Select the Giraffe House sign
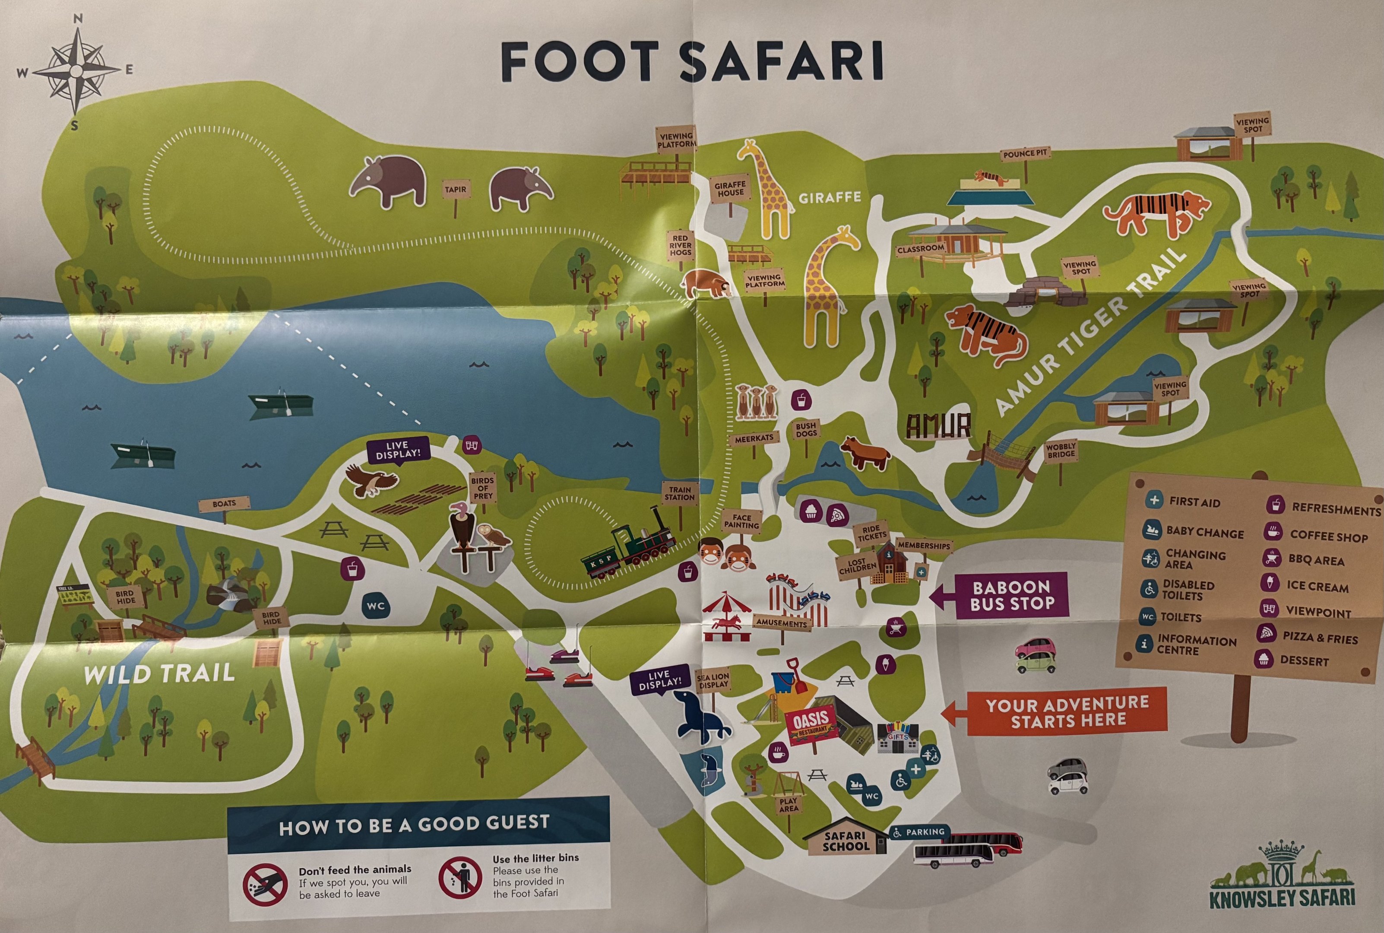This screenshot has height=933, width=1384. coord(730,190)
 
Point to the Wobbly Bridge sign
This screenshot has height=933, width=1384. coord(1061,451)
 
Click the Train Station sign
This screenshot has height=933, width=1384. coord(679,493)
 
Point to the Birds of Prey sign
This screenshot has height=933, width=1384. coord(482,488)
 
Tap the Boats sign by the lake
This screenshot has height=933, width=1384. coord(224,503)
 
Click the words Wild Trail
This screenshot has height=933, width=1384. coord(159,674)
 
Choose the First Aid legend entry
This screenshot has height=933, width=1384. coord(1184,501)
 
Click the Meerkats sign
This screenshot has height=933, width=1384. coord(754,438)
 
